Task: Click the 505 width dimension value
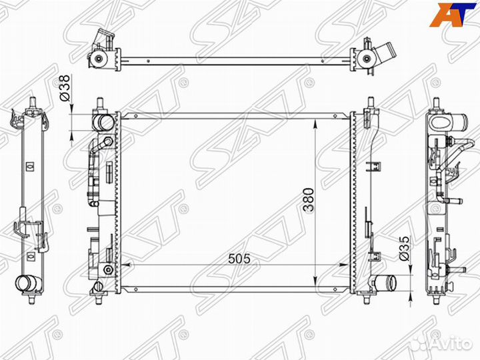tap(239, 259)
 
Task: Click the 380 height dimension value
tap(308, 200)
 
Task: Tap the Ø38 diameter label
tap(65, 88)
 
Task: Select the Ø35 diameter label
tap(404, 248)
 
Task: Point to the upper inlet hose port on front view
tap(104, 123)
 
